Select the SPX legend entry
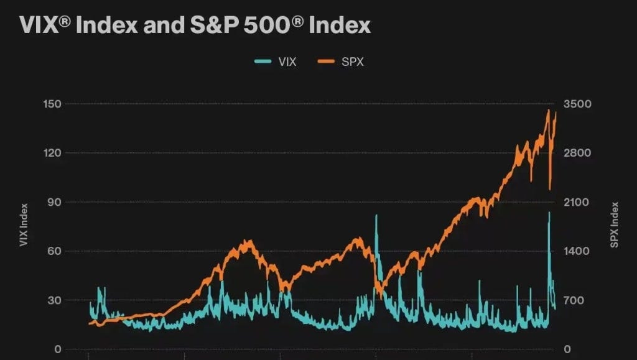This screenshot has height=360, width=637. pyautogui.click(x=341, y=61)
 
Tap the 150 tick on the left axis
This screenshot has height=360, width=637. pyautogui.click(x=52, y=104)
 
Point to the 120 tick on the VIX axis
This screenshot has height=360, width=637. pyautogui.click(x=52, y=153)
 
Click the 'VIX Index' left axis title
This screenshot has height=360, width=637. pyautogui.click(x=24, y=224)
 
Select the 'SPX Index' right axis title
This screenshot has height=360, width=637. pyautogui.click(x=615, y=225)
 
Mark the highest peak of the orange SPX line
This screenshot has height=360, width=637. pyautogui.click(x=548, y=111)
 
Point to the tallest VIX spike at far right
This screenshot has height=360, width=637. pyautogui.click(x=549, y=213)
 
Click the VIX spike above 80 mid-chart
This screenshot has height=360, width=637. pyautogui.click(x=376, y=216)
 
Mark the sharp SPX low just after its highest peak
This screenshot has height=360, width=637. pyautogui.click(x=550, y=189)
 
